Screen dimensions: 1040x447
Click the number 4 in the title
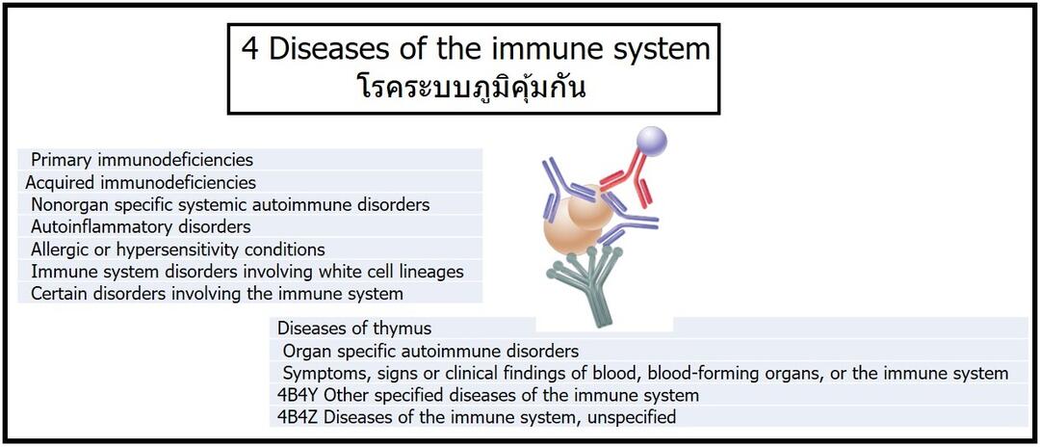point(249,50)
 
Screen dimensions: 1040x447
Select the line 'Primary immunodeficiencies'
point(142,160)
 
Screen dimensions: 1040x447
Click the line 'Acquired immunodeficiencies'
point(141,182)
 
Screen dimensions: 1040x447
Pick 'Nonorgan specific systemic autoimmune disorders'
point(230,204)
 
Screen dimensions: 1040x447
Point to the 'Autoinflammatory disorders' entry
point(141,226)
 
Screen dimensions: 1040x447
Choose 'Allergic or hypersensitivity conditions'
point(178,250)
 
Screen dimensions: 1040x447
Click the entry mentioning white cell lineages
point(247,272)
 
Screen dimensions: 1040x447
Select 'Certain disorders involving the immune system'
point(217,293)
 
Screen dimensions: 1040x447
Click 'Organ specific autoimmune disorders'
point(431,351)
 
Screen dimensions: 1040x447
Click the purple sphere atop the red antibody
point(651,142)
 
